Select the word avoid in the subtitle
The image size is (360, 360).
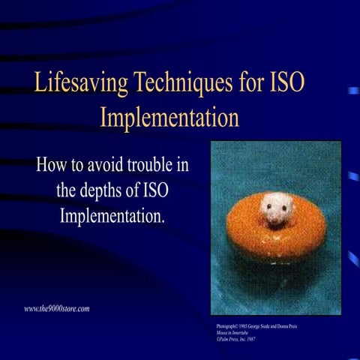coord(112,163)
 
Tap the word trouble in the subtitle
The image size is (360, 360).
coord(161,163)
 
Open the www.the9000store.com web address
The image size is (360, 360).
coord(57,308)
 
